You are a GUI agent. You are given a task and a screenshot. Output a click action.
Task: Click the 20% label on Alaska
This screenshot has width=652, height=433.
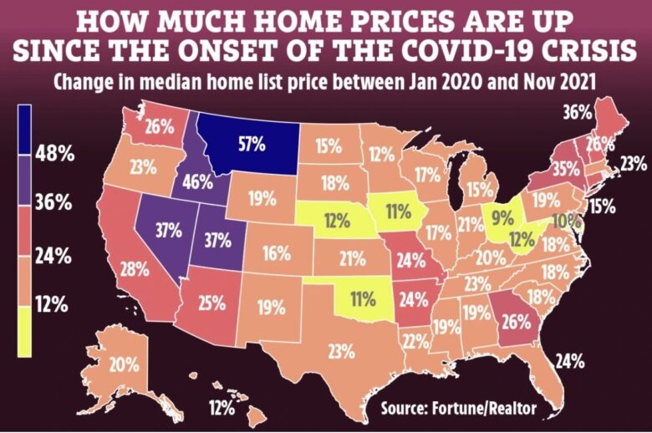pyautogui.click(x=123, y=364)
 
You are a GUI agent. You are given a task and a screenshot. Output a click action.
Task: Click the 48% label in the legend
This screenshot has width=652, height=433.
pyautogui.click(x=53, y=153)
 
